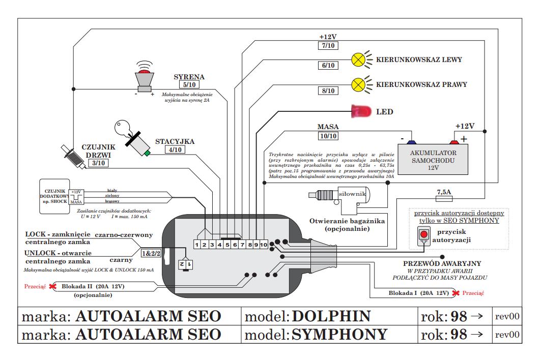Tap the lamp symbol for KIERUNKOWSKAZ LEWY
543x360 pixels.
tap(358, 59)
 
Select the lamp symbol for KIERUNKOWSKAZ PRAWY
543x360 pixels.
tap(358, 84)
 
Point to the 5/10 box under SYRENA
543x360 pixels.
tap(188, 85)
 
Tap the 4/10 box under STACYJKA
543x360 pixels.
tap(175, 150)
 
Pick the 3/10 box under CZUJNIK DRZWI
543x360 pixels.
tap(97, 163)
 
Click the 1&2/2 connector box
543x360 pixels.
tap(151, 253)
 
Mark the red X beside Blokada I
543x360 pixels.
tap(456, 293)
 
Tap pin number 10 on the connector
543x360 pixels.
tap(264, 245)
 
